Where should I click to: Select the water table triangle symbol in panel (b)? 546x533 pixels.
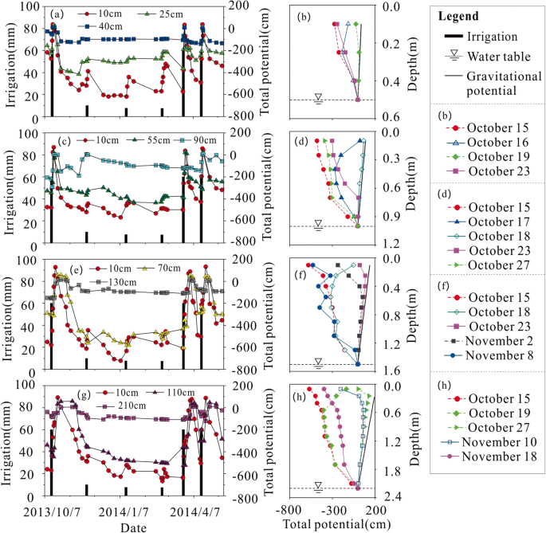[318, 97]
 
